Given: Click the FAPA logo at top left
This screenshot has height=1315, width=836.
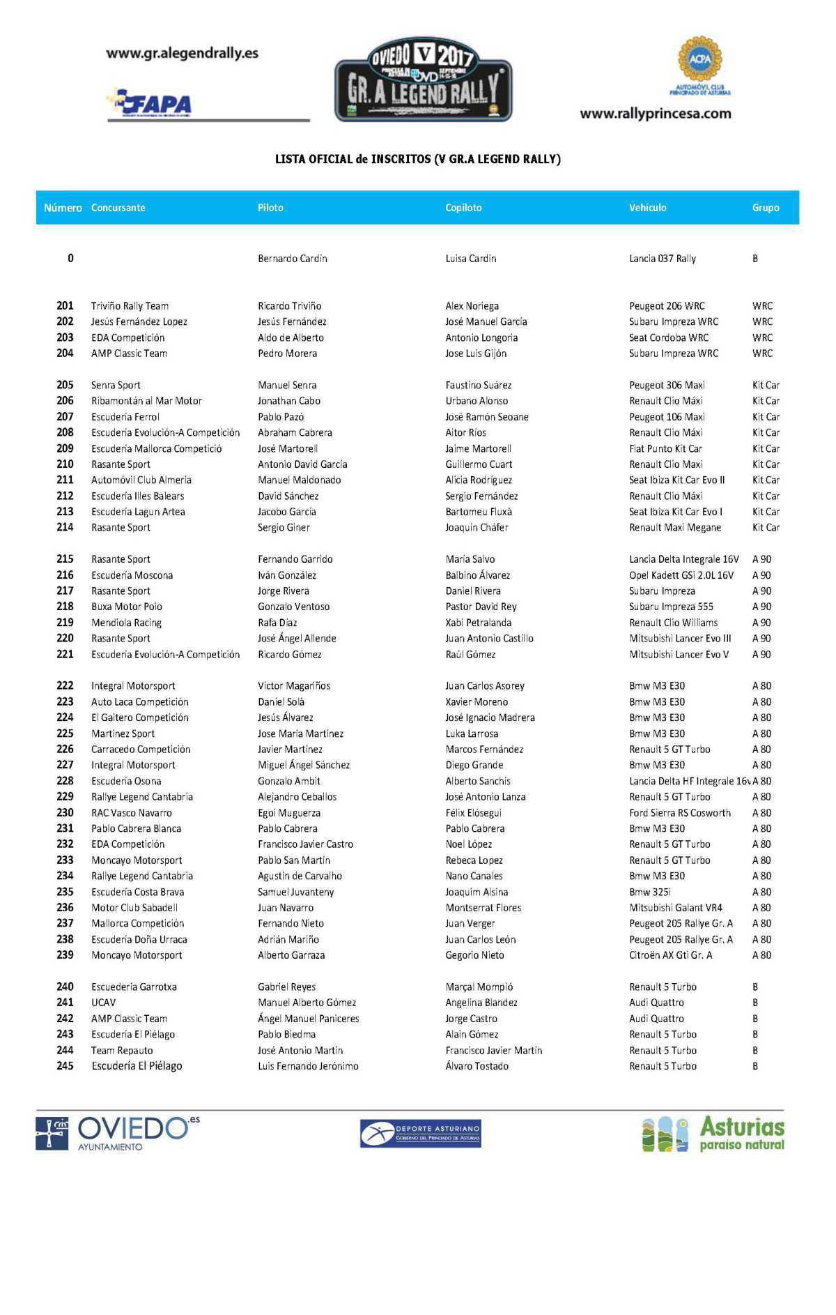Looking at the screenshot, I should pos(149,104).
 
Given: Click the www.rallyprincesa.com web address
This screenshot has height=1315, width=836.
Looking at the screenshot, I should pos(655,114).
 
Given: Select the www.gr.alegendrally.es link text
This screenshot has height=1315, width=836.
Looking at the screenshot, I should pos(182,53).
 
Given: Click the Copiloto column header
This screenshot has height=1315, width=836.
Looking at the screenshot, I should pos(463,208).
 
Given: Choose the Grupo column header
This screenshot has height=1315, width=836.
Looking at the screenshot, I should pos(765,208).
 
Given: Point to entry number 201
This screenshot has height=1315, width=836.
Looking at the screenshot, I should pos(65,306).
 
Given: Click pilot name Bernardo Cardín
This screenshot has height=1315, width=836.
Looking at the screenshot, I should pos(292,259).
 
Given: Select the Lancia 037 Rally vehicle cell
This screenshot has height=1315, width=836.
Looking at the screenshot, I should pos(662,259).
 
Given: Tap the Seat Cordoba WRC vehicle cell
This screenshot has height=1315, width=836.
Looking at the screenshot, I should pos(668,337).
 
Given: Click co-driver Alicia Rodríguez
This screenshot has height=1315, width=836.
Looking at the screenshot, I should pos(478,480).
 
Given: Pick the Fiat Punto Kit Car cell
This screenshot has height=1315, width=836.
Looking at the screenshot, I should pos(665,448).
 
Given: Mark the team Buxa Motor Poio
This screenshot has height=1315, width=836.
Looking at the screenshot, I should pos(126,607).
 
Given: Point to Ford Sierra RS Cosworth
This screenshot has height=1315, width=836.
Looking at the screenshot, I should pos(679,813).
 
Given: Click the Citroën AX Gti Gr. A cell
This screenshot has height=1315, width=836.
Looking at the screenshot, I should pos(670,955).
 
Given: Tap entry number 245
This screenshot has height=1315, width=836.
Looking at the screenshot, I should pos(65,1066).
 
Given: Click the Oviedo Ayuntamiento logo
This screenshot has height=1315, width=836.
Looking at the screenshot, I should pos(117,1134).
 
